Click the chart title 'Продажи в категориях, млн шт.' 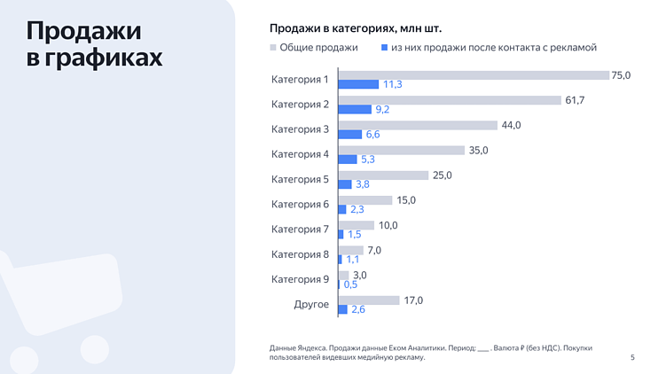356,28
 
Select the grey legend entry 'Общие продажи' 312,48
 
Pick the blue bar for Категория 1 357,84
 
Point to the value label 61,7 576,100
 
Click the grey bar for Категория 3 417,125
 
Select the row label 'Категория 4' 300,154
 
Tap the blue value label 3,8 362,184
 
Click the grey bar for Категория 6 364,200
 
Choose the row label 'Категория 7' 300,230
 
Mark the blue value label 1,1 352,260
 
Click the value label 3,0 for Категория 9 360,276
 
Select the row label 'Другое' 311,305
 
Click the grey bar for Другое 368,300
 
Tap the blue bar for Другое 342,309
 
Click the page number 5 632,357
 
